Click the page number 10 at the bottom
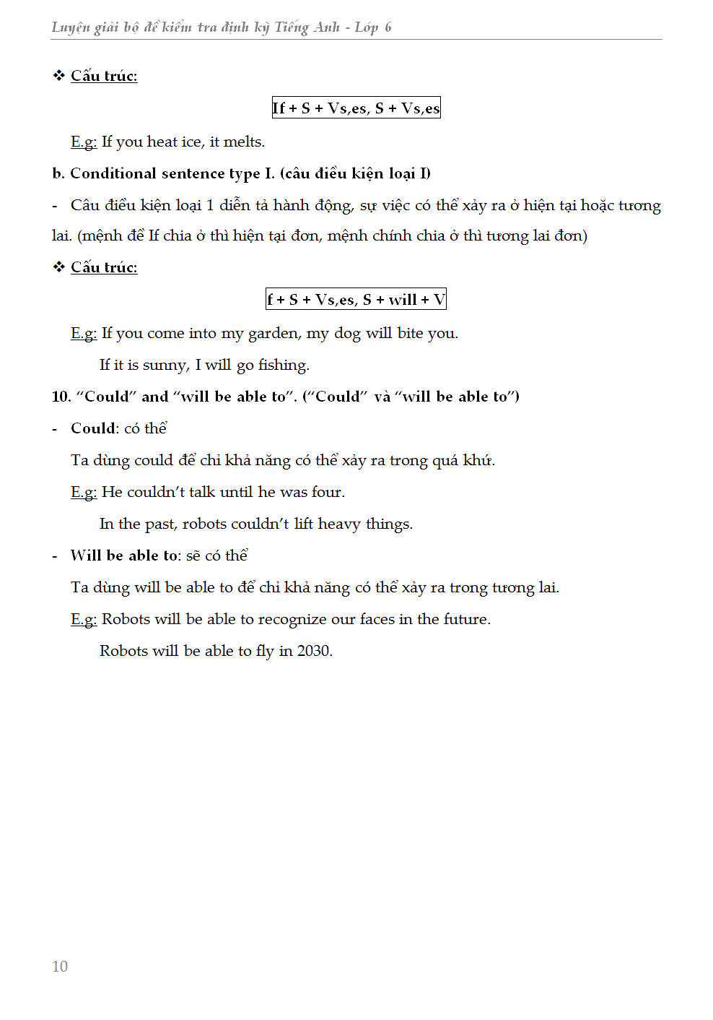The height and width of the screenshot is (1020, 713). pos(60,967)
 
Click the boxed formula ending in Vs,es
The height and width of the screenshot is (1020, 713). pos(356,108)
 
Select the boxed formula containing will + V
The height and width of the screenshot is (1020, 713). pos(356,300)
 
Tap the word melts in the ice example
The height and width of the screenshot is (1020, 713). pos(243,142)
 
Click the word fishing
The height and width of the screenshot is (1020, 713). pos(284,365)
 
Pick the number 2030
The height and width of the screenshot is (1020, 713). pos(315,651)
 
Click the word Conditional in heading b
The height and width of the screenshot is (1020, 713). pos(113,173)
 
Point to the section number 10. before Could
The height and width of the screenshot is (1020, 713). pos(61,397)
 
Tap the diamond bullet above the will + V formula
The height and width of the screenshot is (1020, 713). pos(59,267)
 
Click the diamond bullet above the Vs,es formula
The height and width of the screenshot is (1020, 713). pos(59,76)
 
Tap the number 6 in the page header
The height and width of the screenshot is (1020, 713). pos(388,27)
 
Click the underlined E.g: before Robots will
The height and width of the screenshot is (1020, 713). pos(84,619)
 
